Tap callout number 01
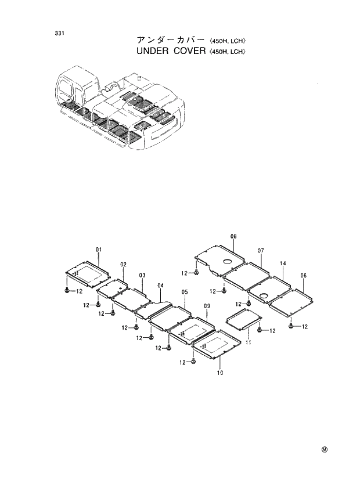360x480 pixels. (x=99, y=250)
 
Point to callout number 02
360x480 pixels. (x=123, y=265)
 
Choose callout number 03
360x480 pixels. (x=142, y=275)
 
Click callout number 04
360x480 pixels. (x=160, y=285)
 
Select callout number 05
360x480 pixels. (x=185, y=292)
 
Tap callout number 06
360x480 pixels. (x=303, y=275)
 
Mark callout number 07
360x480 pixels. (x=261, y=251)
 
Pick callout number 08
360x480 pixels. (x=233, y=236)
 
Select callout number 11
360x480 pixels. (x=247, y=343)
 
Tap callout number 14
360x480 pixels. (x=283, y=264)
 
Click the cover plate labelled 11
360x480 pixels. (x=244, y=318)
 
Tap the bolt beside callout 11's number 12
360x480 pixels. (x=258, y=330)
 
